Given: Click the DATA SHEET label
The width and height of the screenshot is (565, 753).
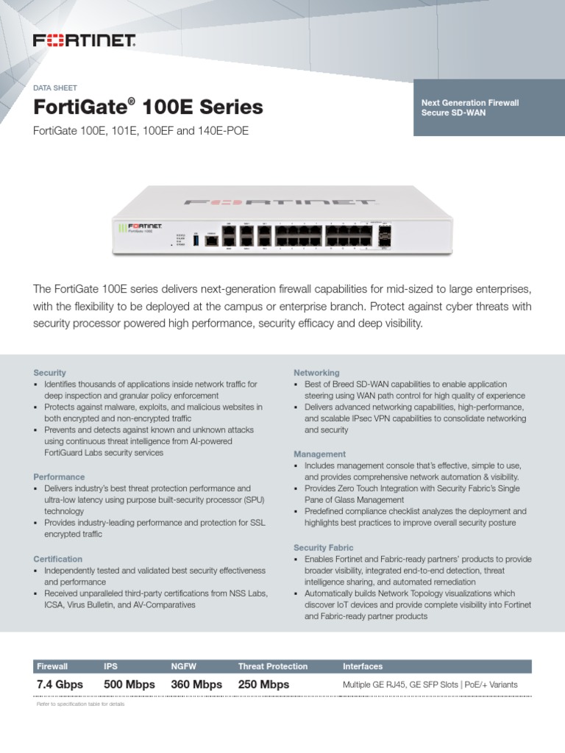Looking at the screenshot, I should pyautogui.click(x=56, y=88).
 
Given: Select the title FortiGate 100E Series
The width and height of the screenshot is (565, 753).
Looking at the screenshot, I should pyautogui.click(x=149, y=107).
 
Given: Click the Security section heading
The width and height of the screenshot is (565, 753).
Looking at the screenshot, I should pyautogui.click(x=50, y=373).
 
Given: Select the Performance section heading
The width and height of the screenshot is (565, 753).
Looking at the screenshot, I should pyautogui.click(x=59, y=477).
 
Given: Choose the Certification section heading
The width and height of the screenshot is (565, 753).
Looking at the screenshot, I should pyautogui.click(x=58, y=559).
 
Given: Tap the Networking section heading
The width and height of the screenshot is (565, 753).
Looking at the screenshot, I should pyautogui.click(x=316, y=373).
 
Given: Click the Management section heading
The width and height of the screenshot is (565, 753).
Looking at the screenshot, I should pyautogui.click(x=319, y=454).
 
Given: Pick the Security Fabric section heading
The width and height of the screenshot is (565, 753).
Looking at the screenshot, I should pyautogui.click(x=324, y=548).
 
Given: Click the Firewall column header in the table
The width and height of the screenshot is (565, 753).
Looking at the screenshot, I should pyautogui.click(x=52, y=666).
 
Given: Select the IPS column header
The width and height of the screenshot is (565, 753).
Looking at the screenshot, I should pyautogui.click(x=111, y=666).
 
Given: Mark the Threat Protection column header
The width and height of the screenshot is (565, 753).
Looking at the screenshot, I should pyautogui.click(x=273, y=666).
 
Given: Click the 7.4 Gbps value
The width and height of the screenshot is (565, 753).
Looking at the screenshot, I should pyautogui.click(x=60, y=685).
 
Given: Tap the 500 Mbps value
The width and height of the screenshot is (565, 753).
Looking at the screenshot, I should pyautogui.click(x=129, y=685).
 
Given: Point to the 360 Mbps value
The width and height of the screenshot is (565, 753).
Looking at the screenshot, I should pyautogui.click(x=196, y=685).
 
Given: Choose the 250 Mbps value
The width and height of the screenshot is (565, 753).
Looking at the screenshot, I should pyautogui.click(x=263, y=685).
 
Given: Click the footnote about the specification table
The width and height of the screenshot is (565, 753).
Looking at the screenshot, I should pyautogui.click(x=81, y=704).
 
